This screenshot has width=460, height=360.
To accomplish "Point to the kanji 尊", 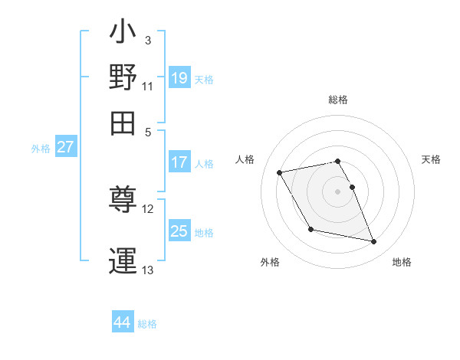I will pos(124,201).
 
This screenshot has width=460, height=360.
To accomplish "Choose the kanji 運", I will pos(124,260).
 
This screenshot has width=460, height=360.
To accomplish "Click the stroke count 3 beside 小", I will pos(147,40).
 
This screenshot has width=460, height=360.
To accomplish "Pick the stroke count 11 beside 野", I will pos(148,86).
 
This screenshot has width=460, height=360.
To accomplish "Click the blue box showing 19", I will pos(179,77).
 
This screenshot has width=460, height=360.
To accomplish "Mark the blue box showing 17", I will pos(179,162).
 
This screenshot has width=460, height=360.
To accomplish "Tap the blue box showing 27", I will pos(65,147).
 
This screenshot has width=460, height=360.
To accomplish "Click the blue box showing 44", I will pos(122,322).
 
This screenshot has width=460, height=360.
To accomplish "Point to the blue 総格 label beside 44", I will pos(147,324).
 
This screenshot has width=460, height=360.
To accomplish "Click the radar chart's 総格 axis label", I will pos(338,100).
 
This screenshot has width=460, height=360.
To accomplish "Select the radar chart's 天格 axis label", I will pos(431,159).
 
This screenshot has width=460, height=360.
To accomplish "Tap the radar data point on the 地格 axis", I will pos(374,242).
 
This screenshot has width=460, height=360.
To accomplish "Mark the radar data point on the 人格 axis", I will pos(280,172).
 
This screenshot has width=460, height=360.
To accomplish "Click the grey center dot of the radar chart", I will pos(338,191).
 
